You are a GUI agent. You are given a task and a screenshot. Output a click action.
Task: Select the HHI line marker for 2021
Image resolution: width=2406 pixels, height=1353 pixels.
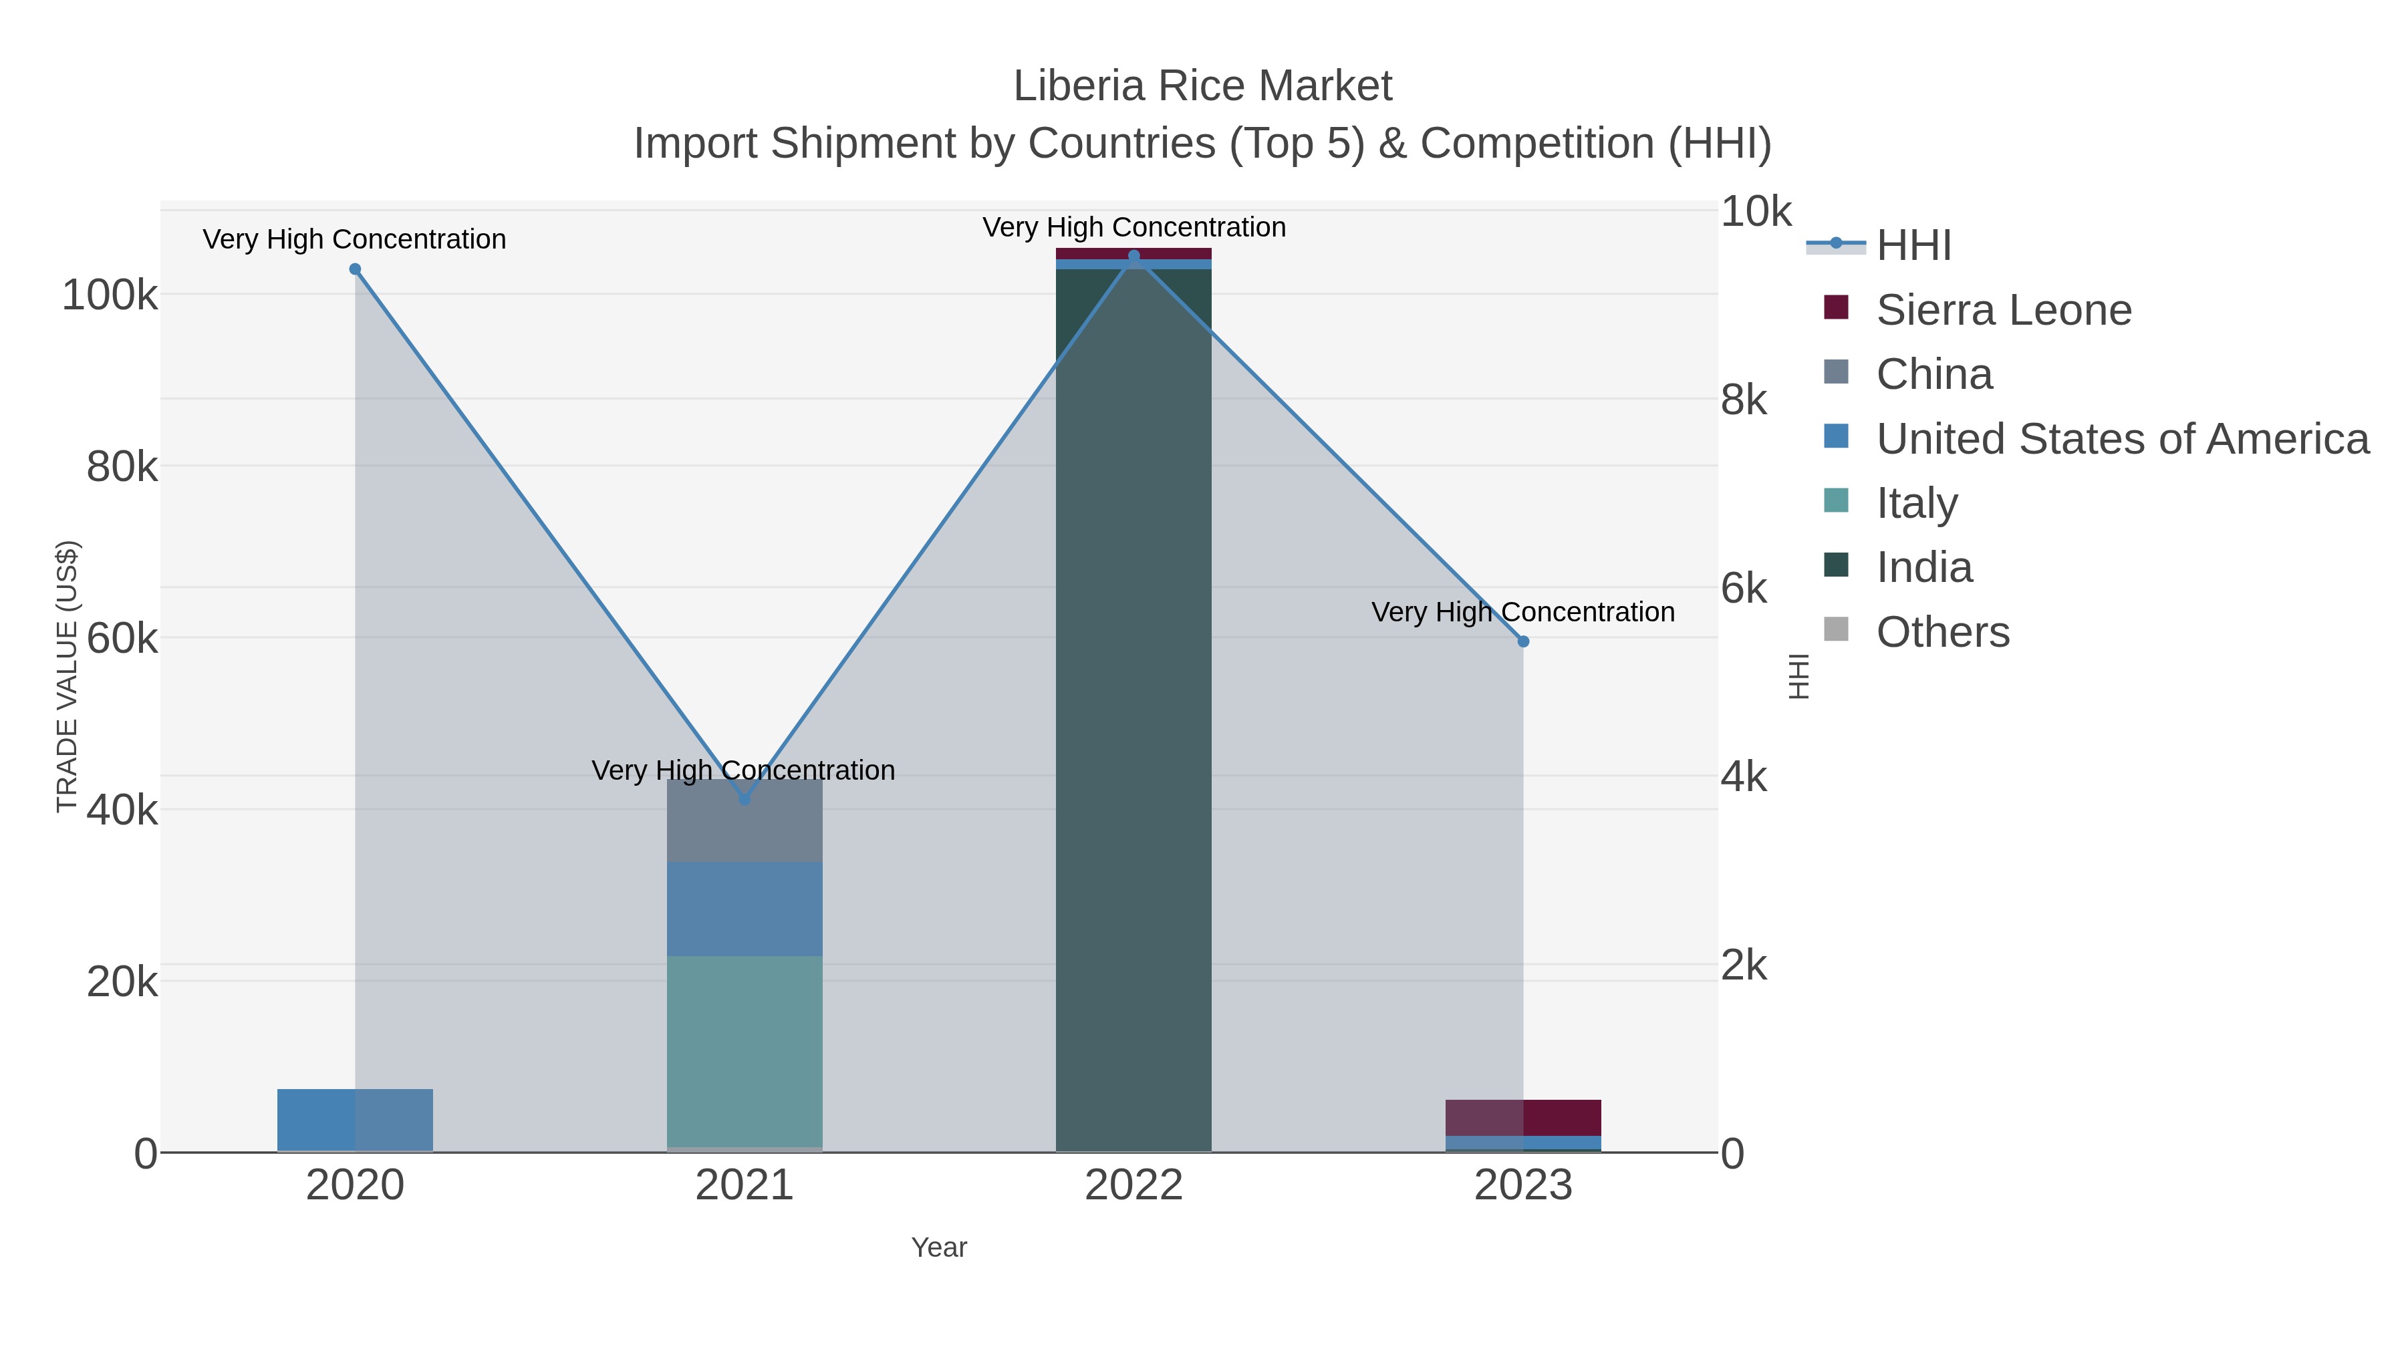tap(745, 799)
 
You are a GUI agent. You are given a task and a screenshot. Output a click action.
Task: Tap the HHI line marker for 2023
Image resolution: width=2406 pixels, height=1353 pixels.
tap(1523, 641)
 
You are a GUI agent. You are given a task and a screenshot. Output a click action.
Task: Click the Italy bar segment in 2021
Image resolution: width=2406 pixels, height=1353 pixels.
tap(745, 1050)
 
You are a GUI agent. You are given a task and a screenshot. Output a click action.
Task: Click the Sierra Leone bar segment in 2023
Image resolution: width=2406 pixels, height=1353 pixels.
tap(1523, 1118)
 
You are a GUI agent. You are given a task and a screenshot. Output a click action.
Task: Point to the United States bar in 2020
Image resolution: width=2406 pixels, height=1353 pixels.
tap(355, 1120)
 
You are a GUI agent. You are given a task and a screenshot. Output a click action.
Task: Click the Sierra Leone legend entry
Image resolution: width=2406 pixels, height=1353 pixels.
tap(2004, 310)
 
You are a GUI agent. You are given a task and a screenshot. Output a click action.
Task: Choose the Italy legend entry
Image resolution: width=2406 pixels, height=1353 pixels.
tap(1917, 503)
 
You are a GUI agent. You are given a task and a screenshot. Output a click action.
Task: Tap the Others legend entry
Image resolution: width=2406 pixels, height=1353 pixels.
tap(1943, 632)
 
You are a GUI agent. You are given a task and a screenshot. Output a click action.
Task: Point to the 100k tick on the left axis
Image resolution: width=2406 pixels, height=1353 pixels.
tap(110, 296)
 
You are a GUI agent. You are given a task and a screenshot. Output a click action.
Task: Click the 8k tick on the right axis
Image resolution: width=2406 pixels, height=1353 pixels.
tap(1744, 401)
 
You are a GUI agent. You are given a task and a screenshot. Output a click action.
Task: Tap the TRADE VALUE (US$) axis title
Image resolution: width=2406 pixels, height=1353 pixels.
tap(68, 676)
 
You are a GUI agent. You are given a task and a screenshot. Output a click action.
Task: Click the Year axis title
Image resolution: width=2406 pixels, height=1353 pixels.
tap(939, 1247)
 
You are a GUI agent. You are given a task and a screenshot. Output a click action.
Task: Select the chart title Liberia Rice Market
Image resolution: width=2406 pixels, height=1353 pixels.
tap(1202, 87)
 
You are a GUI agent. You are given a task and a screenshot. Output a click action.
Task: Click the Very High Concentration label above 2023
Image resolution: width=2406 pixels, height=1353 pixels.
tap(1522, 613)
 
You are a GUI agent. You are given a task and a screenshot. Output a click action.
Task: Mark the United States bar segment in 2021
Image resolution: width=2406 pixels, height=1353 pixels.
tap(745, 909)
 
